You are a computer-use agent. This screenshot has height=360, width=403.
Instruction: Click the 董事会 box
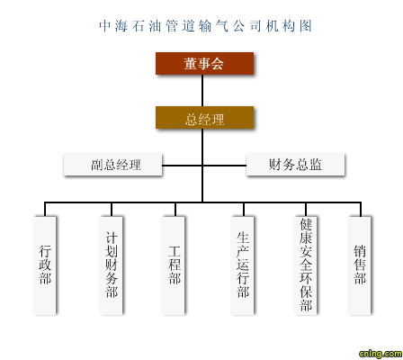click(x=204, y=63)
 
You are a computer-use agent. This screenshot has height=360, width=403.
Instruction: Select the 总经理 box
click(x=204, y=118)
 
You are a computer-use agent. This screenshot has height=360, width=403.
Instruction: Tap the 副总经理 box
click(x=112, y=164)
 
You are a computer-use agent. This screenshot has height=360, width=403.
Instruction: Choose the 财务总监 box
click(x=295, y=164)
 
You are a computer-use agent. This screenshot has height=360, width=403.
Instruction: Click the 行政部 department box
click(x=44, y=265)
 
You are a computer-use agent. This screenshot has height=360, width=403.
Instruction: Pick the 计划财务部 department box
click(x=111, y=265)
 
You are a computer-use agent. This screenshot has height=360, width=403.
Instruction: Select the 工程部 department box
click(x=173, y=265)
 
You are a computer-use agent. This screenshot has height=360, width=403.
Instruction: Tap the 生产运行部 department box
click(x=242, y=265)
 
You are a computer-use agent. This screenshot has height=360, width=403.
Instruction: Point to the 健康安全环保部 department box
click(x=305, y=265)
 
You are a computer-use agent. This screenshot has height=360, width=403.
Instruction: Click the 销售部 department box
click(x=359, y=265)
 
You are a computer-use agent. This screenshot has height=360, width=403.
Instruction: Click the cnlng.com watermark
click(x=381, y=354)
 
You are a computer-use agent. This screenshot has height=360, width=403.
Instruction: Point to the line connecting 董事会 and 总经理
click(x=202, y=90)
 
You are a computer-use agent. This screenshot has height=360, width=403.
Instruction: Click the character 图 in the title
click(x=306, y=26)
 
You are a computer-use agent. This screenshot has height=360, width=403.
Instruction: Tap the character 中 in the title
click(x=105, y=26)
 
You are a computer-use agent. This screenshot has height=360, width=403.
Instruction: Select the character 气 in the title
click(x=222, y=26)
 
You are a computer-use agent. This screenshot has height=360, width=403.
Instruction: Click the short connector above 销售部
click(x=361, y=210)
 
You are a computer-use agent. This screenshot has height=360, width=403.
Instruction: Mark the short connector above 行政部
click(x=45, y=210)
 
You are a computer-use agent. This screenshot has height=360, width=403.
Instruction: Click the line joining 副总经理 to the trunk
click(x=182, y=166)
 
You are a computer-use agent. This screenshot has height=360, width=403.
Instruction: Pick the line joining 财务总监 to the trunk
click(x=225, y=166)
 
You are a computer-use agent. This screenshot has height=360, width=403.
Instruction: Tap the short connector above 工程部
click(x=175, y=210)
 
